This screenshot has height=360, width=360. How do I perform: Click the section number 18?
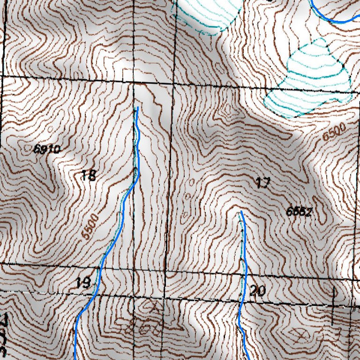point(89,176)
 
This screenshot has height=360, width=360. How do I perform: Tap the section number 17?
point(263,183)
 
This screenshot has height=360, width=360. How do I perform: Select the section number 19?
point(83,283)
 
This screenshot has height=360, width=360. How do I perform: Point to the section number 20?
point(258,291)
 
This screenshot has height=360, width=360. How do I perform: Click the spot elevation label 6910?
point(47,150)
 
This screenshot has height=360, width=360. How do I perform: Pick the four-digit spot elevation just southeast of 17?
point(299,211)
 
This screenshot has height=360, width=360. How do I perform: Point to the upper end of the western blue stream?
point(137,108)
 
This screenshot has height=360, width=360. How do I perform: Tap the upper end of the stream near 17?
point(241,212)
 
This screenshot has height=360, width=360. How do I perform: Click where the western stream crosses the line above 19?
point(100,268)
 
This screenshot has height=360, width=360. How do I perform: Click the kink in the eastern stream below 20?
point(240,327)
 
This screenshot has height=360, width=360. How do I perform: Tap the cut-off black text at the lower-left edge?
point(5,335)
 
